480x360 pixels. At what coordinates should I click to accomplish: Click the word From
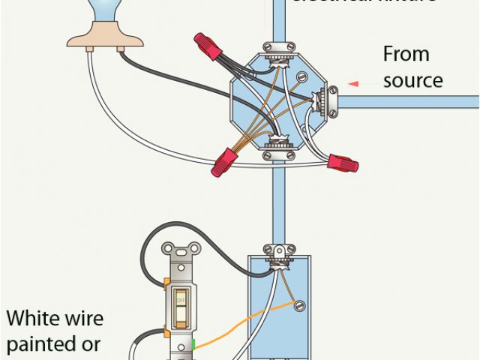point(406,54)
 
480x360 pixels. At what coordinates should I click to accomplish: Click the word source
point(412,79)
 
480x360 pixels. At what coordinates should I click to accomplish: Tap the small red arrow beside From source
point(352,83)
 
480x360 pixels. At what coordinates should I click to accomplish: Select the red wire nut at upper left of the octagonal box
point(208,46)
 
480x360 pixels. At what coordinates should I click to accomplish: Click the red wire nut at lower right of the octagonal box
point(342,161)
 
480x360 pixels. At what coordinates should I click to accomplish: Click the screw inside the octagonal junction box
point(303,76)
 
